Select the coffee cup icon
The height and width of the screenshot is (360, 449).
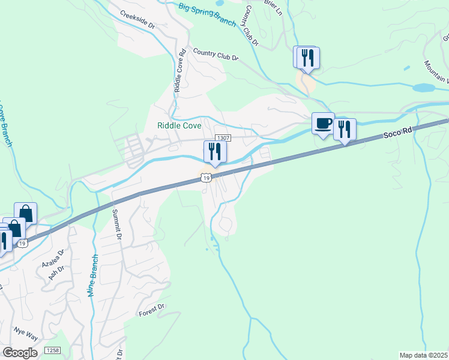[x=323, y=124]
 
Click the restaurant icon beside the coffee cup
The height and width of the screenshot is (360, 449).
[x=345, y=130]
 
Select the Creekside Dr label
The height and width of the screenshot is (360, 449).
[x=137, y=20]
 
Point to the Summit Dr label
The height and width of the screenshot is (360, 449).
[x=116, y=224]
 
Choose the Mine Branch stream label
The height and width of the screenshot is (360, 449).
[x=94, y=274]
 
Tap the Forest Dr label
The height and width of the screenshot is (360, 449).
[x=151, y=310]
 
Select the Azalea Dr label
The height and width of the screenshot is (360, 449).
[x=52, y=258]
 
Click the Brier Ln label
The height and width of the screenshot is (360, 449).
[x=272, y=7]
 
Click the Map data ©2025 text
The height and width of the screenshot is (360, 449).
[x=423, y=355]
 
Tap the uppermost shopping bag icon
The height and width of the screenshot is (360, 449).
[x=26, y=212]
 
